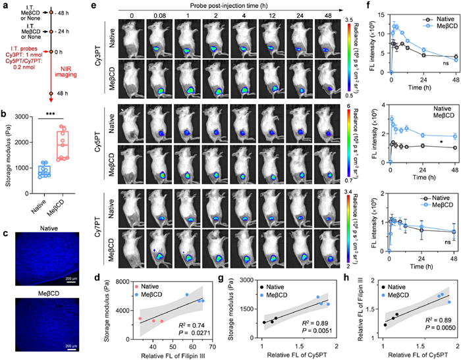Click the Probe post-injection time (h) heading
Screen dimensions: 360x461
[x=223, y=6]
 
